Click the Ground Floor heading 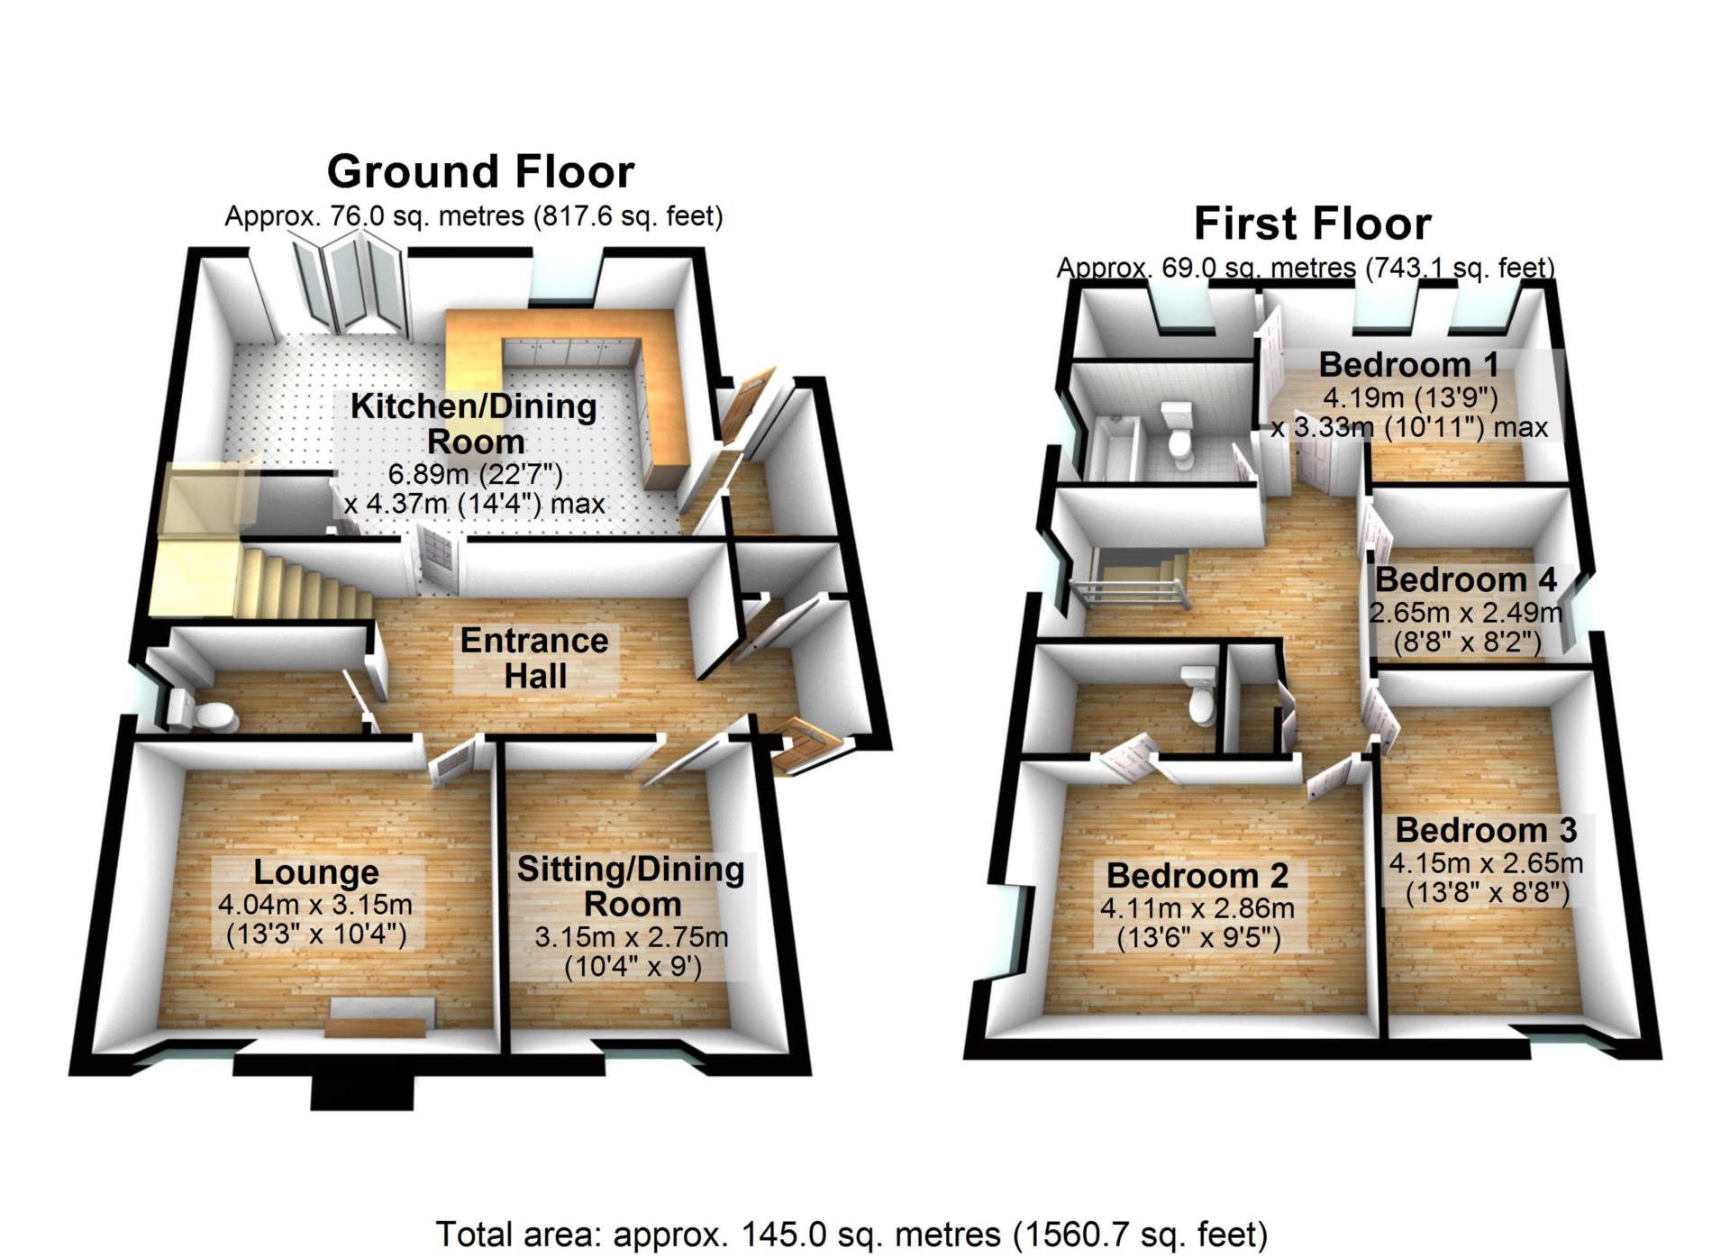click(x=480, y=171)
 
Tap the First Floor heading click(x=1312, y=223)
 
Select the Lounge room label click(x=316, y=872)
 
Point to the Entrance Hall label click(x=535, y=659)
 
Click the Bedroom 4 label click(x=1466, y=579)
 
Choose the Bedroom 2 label click(x=1197, y=875)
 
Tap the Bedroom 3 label click(x=1487, y=830)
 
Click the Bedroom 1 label click(x=1409, y=365)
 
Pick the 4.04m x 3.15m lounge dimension click(x=315, y=904)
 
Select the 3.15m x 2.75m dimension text click(x=632, y=937)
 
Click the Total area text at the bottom click(x=851, y=1234)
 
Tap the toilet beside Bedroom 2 click(x=1199, y=694)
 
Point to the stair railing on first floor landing click(x=1127, y=596)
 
